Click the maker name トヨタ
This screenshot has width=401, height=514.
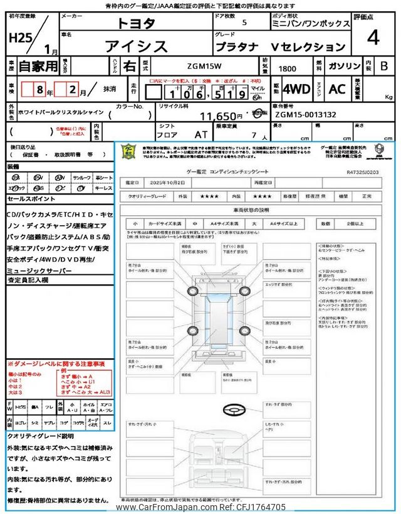[137, 23]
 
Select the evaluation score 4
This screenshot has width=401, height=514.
[373, 38]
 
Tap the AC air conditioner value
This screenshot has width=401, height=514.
[337, 89]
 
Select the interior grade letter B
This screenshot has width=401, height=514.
[383, 65]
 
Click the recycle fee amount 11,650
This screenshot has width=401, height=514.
[221, 116]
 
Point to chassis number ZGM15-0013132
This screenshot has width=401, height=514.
[305, 115]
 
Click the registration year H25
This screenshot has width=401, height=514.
[21, 38]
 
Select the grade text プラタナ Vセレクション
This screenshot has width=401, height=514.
[280, 46]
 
